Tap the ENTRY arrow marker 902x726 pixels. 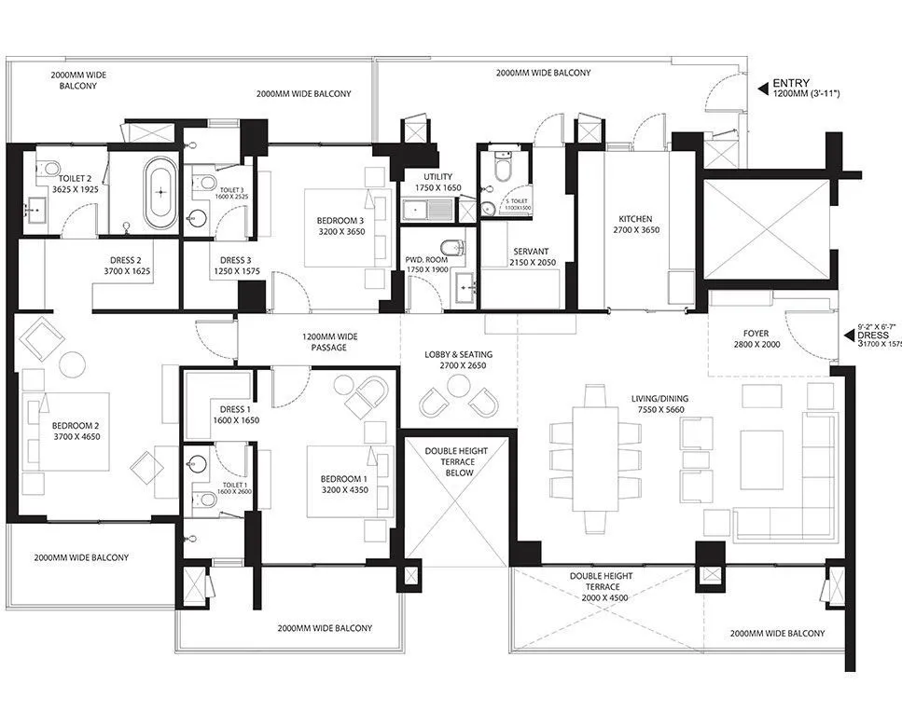(x=762, y=89)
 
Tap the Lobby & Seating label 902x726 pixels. (x=458, y=360)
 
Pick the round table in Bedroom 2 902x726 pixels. (x=73, y=364)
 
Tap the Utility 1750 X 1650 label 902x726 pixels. (x=437, y=183)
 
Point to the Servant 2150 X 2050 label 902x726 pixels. (x=530, y=257)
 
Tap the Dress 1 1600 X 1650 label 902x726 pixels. (x=235, y=415)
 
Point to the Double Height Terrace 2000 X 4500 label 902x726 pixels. (x=601, y=587)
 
